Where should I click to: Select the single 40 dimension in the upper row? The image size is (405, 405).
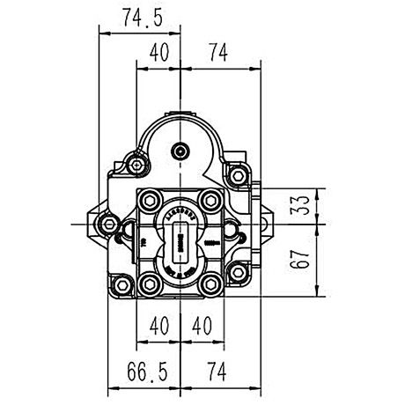pyautogui.click(x=158, y=54)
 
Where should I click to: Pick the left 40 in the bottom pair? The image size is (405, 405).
pyautogui.click(x=158, y=326)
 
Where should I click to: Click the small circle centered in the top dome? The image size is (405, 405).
pyautogui.click(x=181, y=151)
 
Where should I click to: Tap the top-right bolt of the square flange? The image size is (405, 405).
pyautogui.click(x=211, y=202)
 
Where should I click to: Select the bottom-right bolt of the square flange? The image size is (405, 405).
pyautogui.click(x=211, y=283)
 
